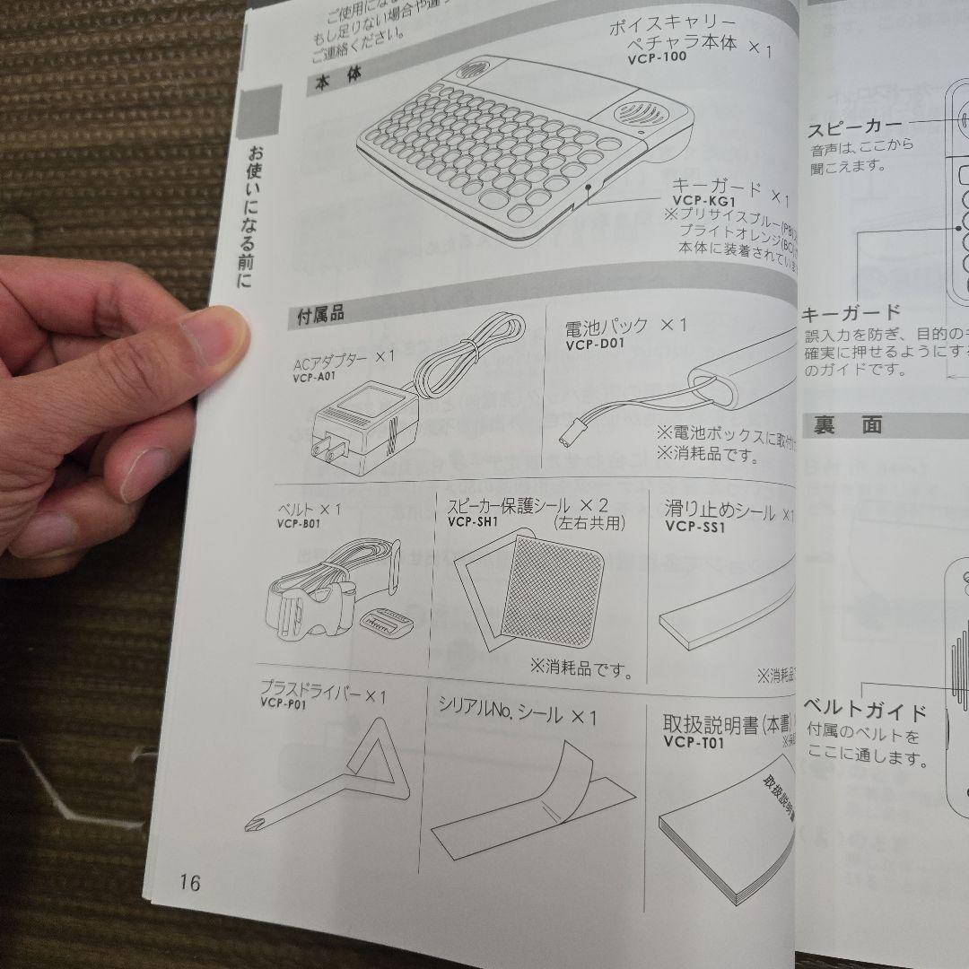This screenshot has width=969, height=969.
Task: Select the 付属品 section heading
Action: [x=320, y=315]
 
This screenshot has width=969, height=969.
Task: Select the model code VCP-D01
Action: [x=595, y=344]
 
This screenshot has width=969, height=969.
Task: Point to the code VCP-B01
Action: [x=299, y=524]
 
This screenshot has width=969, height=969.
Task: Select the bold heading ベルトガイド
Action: [x=865, y=712]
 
